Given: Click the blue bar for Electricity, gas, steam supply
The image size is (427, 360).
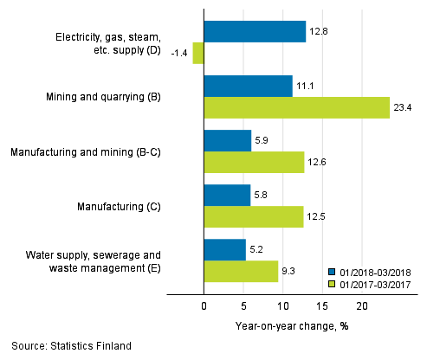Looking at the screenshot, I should [255, 32].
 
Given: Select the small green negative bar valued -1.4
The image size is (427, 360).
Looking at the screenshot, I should [198, 53].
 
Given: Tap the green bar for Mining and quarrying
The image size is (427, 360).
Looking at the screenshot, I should [296, 107].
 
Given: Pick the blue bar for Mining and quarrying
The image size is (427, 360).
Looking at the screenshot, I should [248, 86].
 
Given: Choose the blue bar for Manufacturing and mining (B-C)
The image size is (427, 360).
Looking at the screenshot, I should [227, 140].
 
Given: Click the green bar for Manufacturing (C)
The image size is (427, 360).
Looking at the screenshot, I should [253, 216].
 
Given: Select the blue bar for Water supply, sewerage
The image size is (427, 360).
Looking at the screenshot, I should [224, 249].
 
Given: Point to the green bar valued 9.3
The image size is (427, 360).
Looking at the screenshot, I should [241, 271].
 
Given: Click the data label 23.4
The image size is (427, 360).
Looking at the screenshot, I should [403, 107].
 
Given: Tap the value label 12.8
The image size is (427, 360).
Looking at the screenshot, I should [320, 32].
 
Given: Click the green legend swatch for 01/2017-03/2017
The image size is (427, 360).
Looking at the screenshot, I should [333, 283].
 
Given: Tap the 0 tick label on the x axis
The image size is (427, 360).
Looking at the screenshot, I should [204, 306].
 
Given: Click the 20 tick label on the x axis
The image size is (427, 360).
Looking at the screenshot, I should [362, 306].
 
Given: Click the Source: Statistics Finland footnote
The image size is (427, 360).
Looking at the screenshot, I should [72, 346].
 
